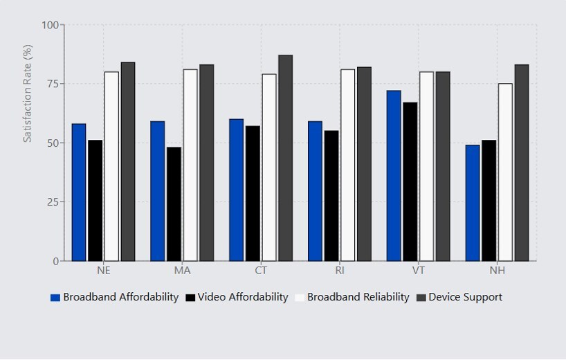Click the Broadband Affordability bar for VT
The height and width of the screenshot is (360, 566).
pos(394,176)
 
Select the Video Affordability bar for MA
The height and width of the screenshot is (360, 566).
pos(174,204)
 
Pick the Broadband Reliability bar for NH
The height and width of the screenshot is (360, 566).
pos(505,172)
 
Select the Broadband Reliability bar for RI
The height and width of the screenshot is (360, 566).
pos(347,165)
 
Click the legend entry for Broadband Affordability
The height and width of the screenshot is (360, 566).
pos(114,297)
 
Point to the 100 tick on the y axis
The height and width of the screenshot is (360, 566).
pos(51,25)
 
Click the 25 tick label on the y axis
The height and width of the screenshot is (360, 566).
pos(51,202)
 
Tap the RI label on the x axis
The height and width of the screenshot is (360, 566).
pos(340,270)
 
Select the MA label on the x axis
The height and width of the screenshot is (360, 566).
pos(182,270)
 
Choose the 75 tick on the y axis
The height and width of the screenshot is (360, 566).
pos(51,84)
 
